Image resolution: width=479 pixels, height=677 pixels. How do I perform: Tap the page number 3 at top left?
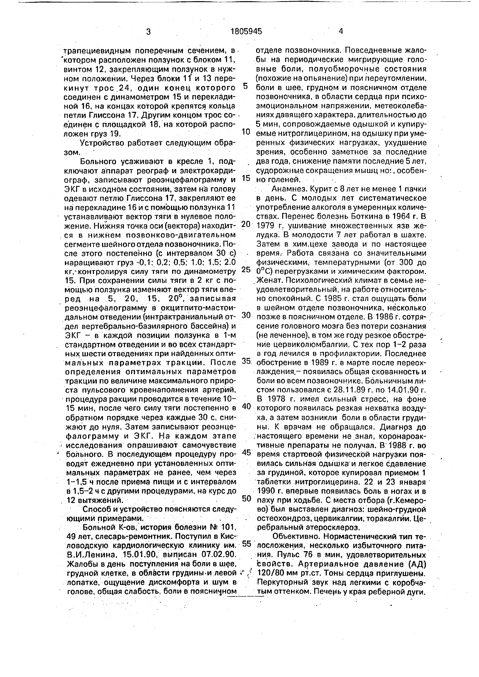148,31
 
